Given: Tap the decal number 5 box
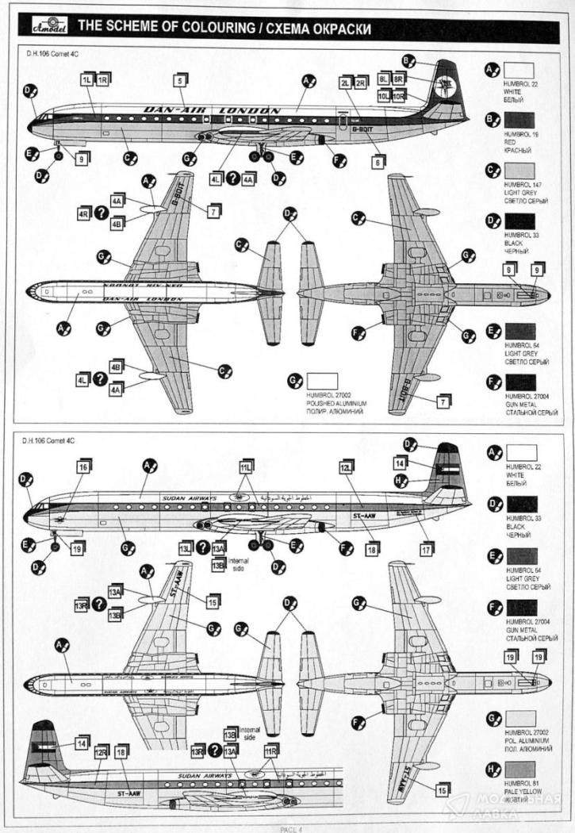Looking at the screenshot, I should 181,80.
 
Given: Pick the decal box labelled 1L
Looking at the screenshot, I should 86,80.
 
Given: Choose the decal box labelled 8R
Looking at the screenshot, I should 399,80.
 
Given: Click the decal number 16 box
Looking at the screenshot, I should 82,468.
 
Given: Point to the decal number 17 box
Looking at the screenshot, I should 427,549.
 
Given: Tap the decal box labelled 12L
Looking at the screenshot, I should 345,468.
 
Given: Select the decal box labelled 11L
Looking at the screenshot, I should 246,468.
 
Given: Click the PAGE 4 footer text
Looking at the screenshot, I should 287,829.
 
